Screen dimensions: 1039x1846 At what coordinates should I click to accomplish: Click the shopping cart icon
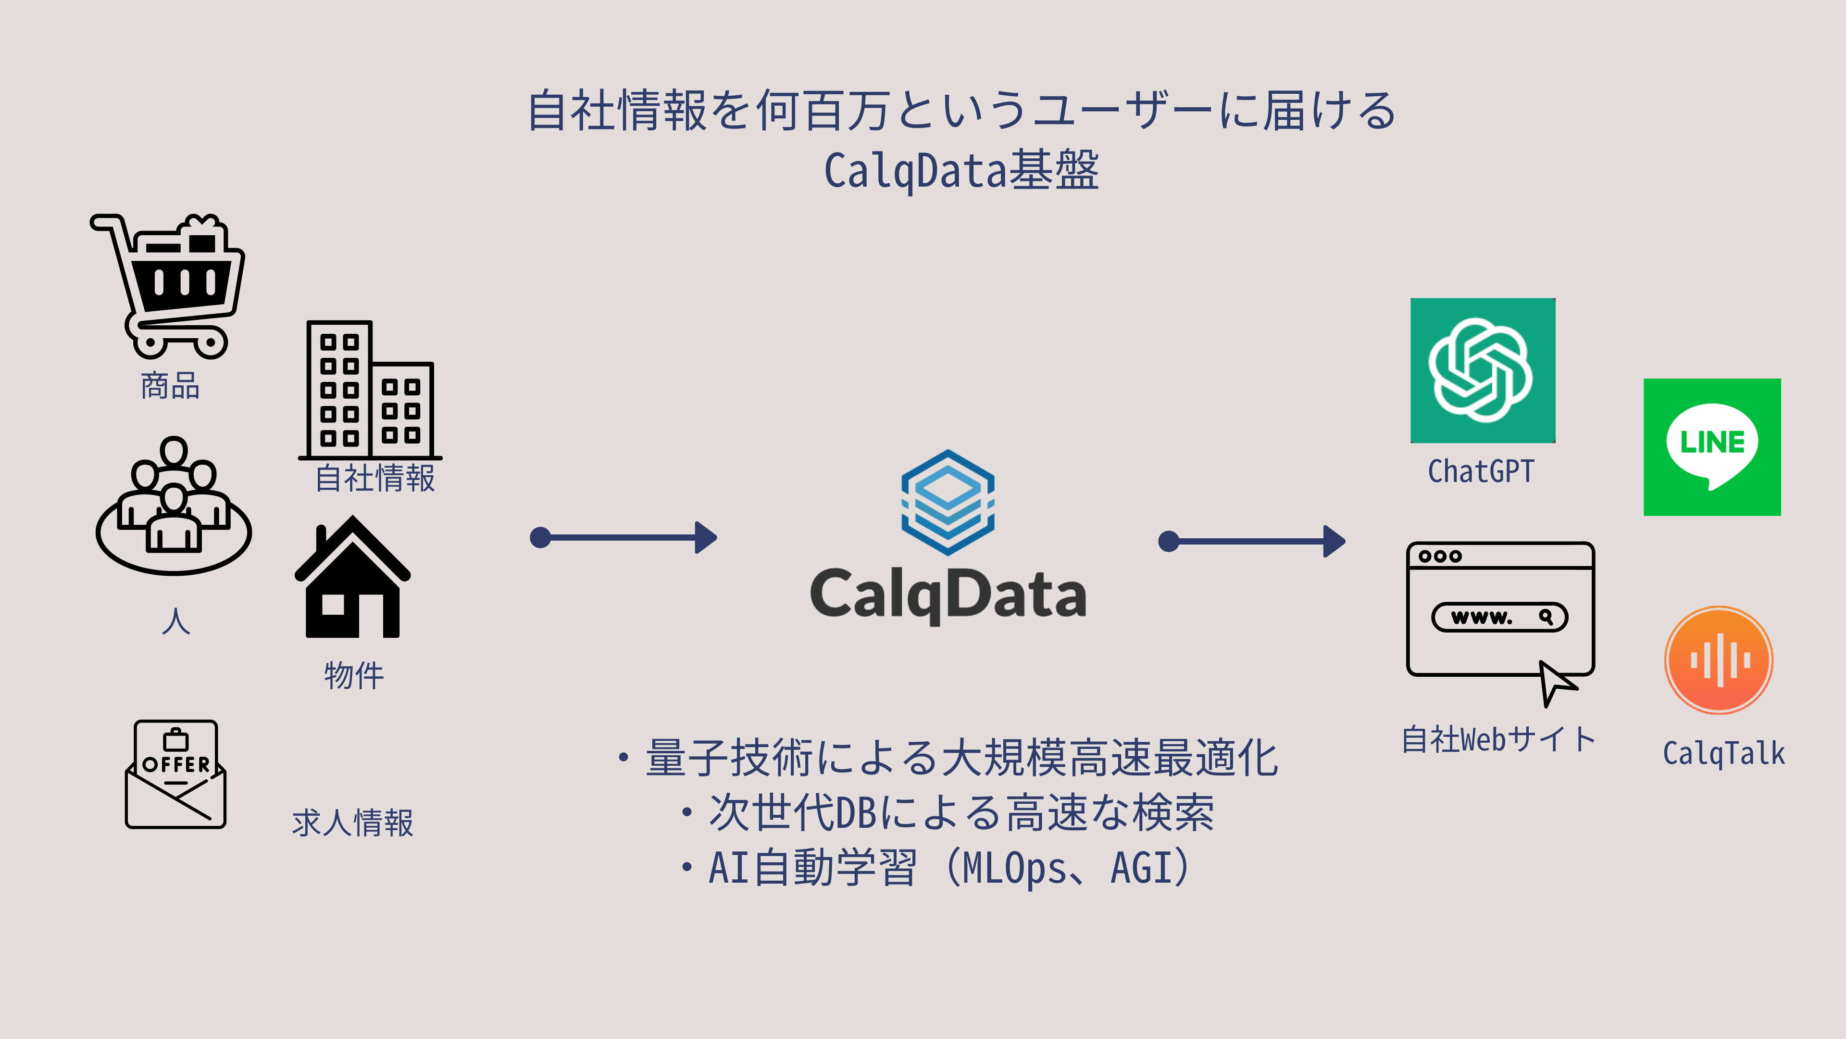[x=168, y=285]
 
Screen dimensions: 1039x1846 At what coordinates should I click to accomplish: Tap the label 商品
[x=170, y=386]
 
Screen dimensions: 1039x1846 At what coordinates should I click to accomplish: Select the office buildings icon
[x=369, y=389]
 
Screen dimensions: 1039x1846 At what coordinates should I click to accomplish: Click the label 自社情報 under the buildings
[x=375, y=478]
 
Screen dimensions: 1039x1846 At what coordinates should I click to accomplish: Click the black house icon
[x=352, y=578]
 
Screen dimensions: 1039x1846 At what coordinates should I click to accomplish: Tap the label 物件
[x=354, y=675]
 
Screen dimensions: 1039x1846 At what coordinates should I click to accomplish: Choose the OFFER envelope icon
[x=175, y=774]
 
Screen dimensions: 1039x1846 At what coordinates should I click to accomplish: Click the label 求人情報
[x=352, y=823]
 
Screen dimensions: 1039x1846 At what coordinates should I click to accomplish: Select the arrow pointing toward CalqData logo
[x=624, y=537]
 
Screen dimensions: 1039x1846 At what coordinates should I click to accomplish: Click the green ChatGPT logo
[x=1482, y=370]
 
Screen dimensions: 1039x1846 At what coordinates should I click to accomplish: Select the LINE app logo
[x=1711, y=447]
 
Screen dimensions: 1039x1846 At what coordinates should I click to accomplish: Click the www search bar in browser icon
[x=1499, y=617]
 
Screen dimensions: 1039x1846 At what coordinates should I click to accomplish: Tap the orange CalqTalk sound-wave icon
[x=1719, y=659]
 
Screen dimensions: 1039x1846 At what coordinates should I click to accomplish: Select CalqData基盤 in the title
[x=961, y=171]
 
